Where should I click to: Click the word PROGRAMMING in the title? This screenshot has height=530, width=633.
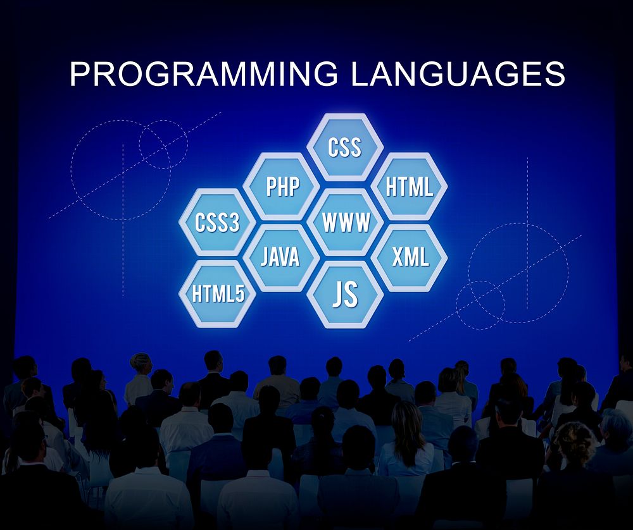click(204, 74)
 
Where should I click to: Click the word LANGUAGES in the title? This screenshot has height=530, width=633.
click(457, 74)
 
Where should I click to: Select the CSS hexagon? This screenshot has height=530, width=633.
click(345, 147)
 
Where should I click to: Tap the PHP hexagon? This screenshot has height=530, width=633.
click(282, 186)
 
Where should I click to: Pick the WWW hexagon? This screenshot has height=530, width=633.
click(346, 222)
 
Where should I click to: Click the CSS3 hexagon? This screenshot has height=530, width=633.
click(217, 223)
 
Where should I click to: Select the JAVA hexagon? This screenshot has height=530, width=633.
click(280, 257)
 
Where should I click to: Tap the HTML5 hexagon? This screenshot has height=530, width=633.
click(217, 294)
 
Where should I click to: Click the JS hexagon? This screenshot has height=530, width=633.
click(345, 294)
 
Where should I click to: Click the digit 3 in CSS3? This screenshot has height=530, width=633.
click(234, 223)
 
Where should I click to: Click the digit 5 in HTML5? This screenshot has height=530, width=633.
click(239, 294)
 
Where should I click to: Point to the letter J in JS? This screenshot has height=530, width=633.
click(338, 295)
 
